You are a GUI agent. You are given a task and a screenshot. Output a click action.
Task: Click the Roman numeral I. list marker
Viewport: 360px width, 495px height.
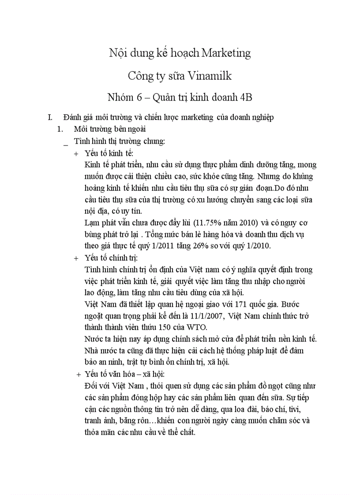point(50,117)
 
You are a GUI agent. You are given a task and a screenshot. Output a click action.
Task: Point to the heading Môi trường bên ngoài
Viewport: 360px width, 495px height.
point(110,129)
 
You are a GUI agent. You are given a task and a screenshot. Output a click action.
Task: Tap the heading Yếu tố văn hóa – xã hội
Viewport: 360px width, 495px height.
point(124,374)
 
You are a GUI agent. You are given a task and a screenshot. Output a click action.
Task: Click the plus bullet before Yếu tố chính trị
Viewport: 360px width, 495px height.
point(76,258)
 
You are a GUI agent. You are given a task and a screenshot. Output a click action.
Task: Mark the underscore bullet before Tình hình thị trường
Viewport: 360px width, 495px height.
point(66,143)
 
